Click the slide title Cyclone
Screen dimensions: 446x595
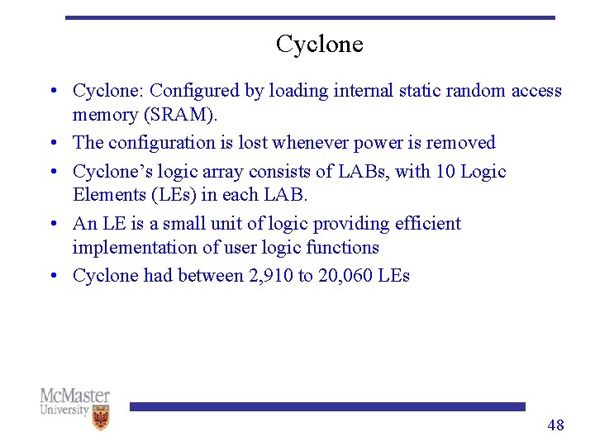point(319,44)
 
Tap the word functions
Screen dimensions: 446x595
point(342,248)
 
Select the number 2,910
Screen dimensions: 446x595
point(270,276)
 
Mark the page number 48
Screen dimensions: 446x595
point(555,425)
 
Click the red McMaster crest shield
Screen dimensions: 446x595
point(101,418)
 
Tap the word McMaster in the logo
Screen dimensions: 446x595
point(74,396)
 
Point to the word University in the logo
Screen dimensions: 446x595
point(64,410)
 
